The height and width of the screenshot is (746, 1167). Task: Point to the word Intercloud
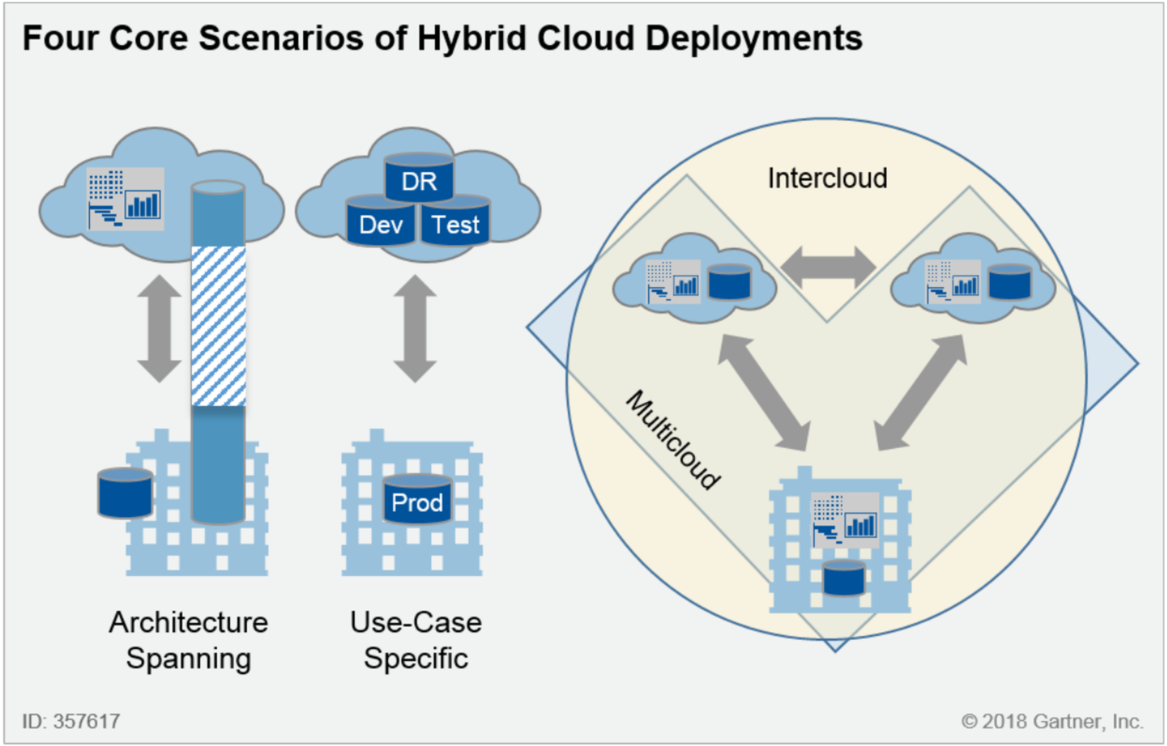click(827, 178)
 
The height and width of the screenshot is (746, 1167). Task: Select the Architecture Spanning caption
click(188, 640)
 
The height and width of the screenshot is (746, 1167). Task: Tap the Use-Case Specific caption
click(416, 640)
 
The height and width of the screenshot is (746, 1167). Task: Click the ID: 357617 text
click(71, 721)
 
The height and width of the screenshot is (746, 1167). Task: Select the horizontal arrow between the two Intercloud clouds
click(828, 267)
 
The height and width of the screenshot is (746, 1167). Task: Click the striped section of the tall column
click(219, 326)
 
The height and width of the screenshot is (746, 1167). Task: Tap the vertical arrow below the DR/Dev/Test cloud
click(415, 329)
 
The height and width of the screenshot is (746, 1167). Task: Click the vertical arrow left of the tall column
click(160, 329)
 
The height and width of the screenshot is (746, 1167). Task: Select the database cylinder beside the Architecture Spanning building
click(125, 493)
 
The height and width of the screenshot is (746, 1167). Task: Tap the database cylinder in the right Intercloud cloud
click(1010, 282)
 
